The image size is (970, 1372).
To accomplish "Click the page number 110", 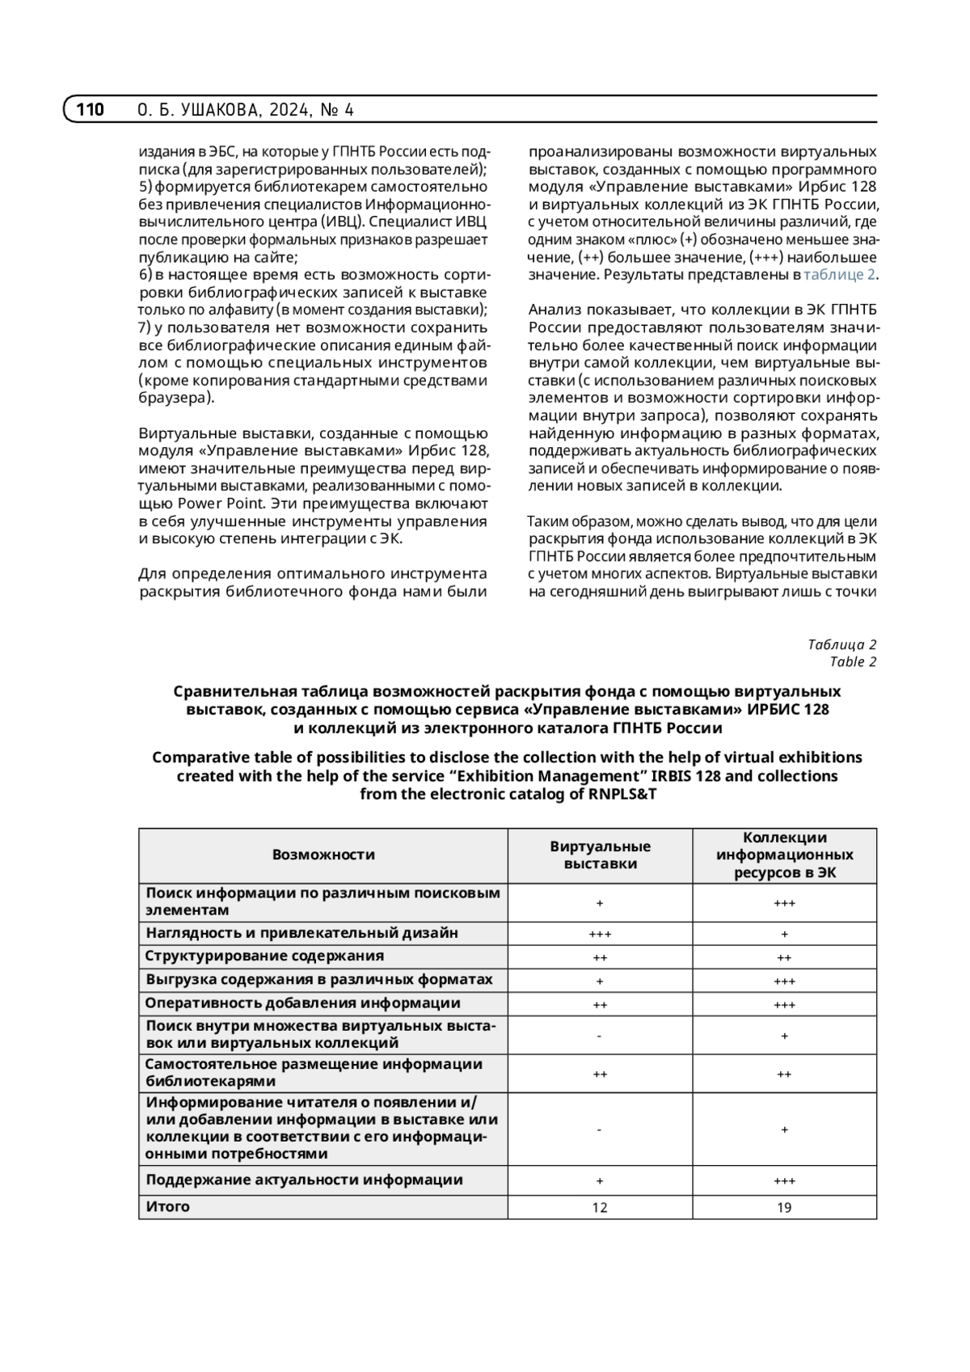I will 91,110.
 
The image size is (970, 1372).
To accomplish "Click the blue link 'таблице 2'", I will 839,275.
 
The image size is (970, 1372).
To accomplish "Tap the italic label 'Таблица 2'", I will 841,644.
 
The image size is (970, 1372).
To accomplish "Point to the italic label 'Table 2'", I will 853,662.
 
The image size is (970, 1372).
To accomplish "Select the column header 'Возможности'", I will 323,855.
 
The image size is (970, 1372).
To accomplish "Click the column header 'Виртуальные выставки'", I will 600,855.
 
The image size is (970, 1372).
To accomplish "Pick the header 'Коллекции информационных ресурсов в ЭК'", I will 784,855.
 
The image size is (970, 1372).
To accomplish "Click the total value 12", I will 600,1207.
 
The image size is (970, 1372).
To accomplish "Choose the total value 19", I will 784,1207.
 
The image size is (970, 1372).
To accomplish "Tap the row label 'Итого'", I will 168,1206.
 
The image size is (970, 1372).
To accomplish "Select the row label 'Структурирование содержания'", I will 264,956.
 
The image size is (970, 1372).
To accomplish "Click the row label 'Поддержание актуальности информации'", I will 304,1180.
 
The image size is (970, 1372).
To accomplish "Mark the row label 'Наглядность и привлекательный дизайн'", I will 302,932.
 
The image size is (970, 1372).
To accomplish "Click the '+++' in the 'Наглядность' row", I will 600,934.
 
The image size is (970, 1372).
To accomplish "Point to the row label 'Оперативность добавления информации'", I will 302,1003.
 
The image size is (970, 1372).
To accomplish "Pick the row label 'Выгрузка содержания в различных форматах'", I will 319,979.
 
